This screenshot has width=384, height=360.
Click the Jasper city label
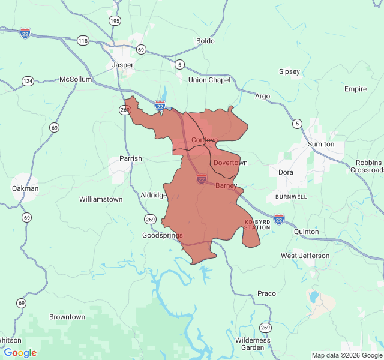point(122,65)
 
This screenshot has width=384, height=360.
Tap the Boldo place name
point(205,41)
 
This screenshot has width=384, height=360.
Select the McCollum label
point(76,79)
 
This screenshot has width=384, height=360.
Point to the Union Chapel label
point(209,80)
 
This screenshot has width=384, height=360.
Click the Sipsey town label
point(289,71)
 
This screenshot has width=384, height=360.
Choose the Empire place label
point(355,89)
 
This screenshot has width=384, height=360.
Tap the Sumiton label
point(320,144)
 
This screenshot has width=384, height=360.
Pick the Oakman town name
point(25,188)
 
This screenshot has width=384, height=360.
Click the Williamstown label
point(101,199)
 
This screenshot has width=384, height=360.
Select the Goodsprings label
point(162,236)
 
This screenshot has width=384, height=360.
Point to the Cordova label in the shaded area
point(205,140)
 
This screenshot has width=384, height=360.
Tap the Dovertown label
point(230,163)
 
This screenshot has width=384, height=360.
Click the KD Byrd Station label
point(257,225)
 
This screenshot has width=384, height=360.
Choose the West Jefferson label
point(305,256)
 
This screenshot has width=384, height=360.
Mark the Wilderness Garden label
point(253,344)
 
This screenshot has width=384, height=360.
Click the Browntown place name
point(67,317)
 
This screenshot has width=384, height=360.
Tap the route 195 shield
point(115,21)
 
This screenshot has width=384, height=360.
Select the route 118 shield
point(83,40)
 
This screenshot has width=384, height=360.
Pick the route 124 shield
point(28,80)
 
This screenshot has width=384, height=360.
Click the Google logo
point(20,353)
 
